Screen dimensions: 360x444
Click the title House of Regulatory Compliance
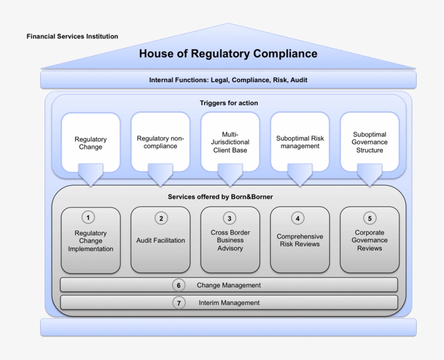pos(228,54)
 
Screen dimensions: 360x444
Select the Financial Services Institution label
pos(72,36)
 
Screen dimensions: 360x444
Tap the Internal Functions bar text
pos(228,80)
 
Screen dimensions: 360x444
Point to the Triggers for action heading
pos(228,103)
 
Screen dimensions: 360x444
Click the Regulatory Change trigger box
pos(90,143)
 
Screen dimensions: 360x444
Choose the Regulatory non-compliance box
pos(160,142)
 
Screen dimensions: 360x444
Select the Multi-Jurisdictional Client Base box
pos(230,142)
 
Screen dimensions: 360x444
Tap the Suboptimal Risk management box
pos(300,142)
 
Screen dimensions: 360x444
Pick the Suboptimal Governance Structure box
pos(369,142)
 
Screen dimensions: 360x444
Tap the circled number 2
pos(161,218)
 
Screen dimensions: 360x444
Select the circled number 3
pos(230,218)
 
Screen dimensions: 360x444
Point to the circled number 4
pos(297,218)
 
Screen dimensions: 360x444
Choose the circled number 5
pos(369,218)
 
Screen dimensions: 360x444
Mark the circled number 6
pos(179,285)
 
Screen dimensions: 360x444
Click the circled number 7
pos(179,303)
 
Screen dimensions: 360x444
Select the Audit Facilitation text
pos(160,240)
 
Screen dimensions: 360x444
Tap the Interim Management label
pos(229,303)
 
